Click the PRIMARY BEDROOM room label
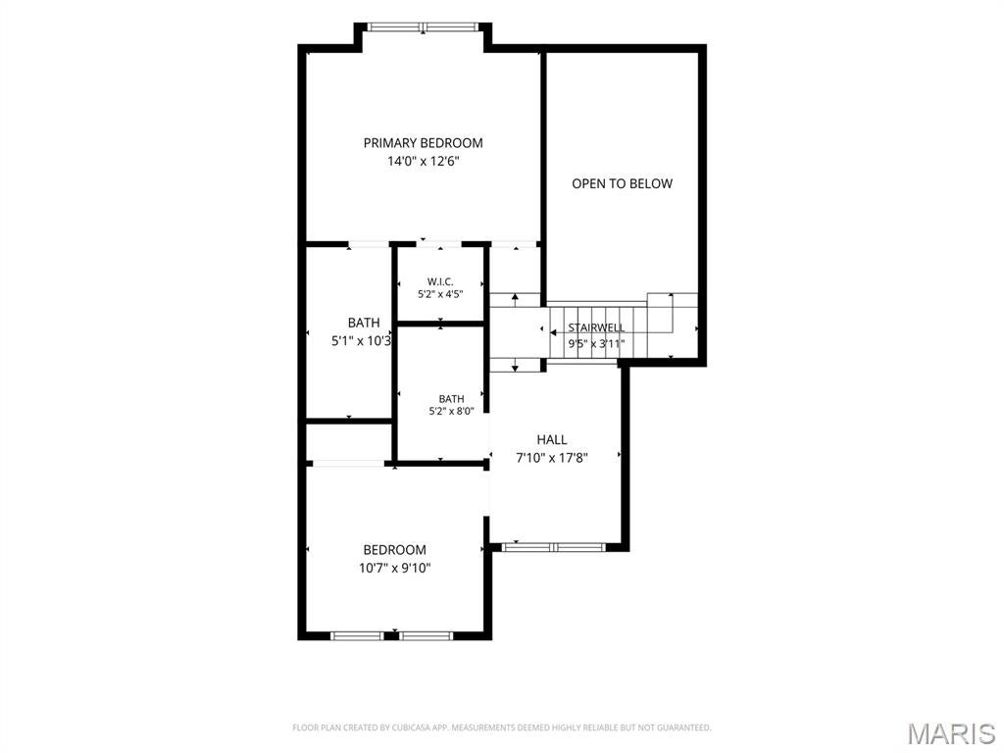(x=424, y=143)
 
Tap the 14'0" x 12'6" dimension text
(x=424, y=162)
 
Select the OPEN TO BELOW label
(x=622, y=183)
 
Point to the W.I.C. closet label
(x=440, y=281)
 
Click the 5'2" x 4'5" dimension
(x=440, y=294)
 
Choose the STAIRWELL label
(x=596, y=327)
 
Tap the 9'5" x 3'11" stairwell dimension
(x=596, y=344)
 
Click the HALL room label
(x=552, y=440)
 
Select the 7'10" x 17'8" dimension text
(x=552, y=458)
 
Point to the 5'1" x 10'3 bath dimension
(x=361, y=341)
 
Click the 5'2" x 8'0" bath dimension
(x=451, y=411)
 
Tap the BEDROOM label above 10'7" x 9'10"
(x=394, y=549)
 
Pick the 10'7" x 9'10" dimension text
(x=394, y=568)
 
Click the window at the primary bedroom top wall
(x=424, y=26)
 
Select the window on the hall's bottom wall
(x=553, y=547)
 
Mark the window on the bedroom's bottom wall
(x=392, y=635)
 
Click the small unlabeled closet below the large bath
(x=348, y=442)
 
